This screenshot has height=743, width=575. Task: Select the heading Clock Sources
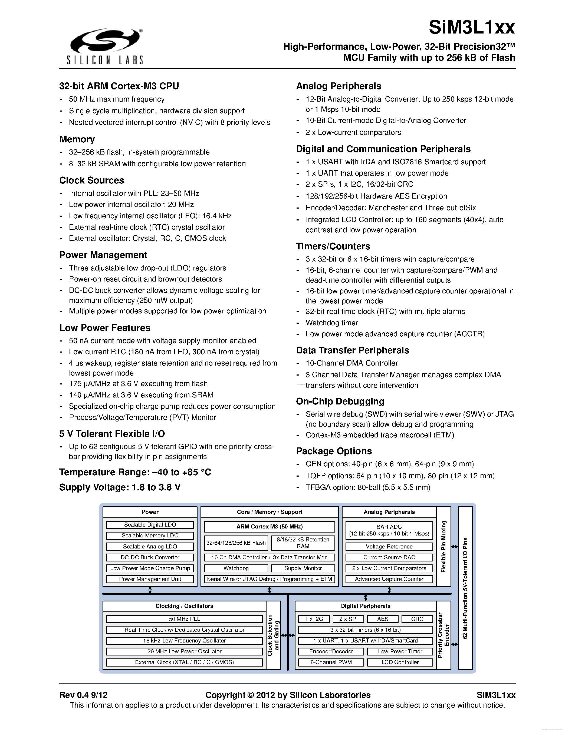pos(92,180)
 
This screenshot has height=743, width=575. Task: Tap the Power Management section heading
pos(103,255)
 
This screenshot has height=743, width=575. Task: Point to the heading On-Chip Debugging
pos(340,401)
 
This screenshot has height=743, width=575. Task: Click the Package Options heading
pos(334,451)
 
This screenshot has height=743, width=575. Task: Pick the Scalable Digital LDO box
pos(150,525)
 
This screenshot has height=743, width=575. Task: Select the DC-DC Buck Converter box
pos(150,557)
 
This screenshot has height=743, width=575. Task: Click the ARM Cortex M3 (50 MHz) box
pos(270,527)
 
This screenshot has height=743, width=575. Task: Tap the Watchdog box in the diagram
pos(236,568)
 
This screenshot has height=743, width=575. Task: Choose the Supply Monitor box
pos(303,568)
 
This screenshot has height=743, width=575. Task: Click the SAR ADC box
pos(389,530)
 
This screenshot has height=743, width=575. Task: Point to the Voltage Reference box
pos(389,547)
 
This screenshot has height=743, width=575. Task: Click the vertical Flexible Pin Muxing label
pos(443,546)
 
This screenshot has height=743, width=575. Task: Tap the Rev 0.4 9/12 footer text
pos(83,695)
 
